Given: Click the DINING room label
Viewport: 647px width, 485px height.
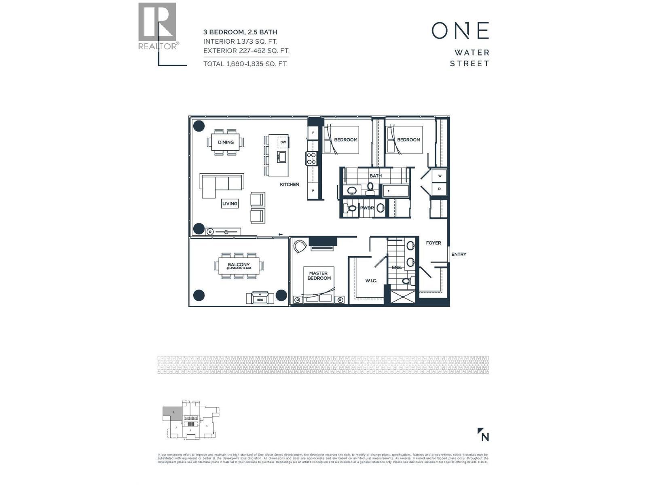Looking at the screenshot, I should (x=226, y=142).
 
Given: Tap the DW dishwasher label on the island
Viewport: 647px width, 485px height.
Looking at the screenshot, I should (x=283, y=142).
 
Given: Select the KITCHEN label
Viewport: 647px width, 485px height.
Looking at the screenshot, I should (x=290, y=184).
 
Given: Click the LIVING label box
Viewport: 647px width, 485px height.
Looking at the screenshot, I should (x=230, y=203).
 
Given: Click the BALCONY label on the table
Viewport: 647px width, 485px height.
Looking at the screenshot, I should (x=239, y=266).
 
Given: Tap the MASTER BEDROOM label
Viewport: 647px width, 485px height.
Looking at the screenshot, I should (x=319, y=276).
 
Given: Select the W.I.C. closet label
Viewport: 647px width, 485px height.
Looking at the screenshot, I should (x=371, y=280).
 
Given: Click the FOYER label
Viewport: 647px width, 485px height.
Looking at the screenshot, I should (x=433, y=243).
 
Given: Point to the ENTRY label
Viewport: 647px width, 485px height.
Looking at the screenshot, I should (x=459, y=254).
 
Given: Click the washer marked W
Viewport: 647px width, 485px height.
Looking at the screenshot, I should (x=440, y=176).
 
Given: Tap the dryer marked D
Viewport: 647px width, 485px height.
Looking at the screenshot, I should (x=440, y=189).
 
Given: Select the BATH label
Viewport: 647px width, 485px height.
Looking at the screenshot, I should (x=376, y=176).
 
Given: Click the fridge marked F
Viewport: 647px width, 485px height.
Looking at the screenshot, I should (x=313, y=133).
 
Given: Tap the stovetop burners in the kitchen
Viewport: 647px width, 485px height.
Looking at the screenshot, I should (x=311, y=158).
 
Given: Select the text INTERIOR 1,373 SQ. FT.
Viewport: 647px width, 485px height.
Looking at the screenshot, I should (x=240, y=41).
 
